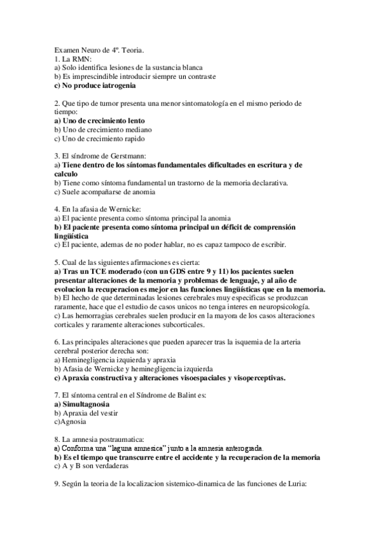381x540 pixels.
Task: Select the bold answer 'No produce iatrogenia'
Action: (x=94, y=85)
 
